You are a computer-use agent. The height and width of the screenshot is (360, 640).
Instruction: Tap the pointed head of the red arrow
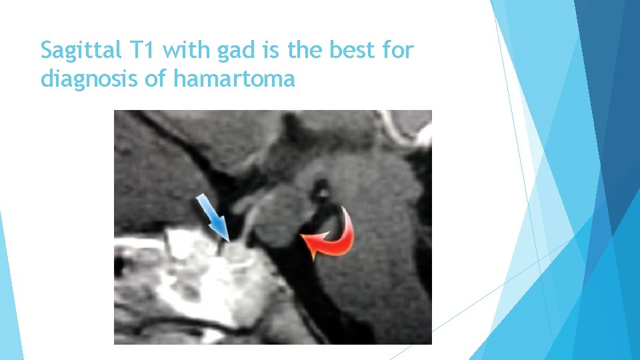tap(306, 237)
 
